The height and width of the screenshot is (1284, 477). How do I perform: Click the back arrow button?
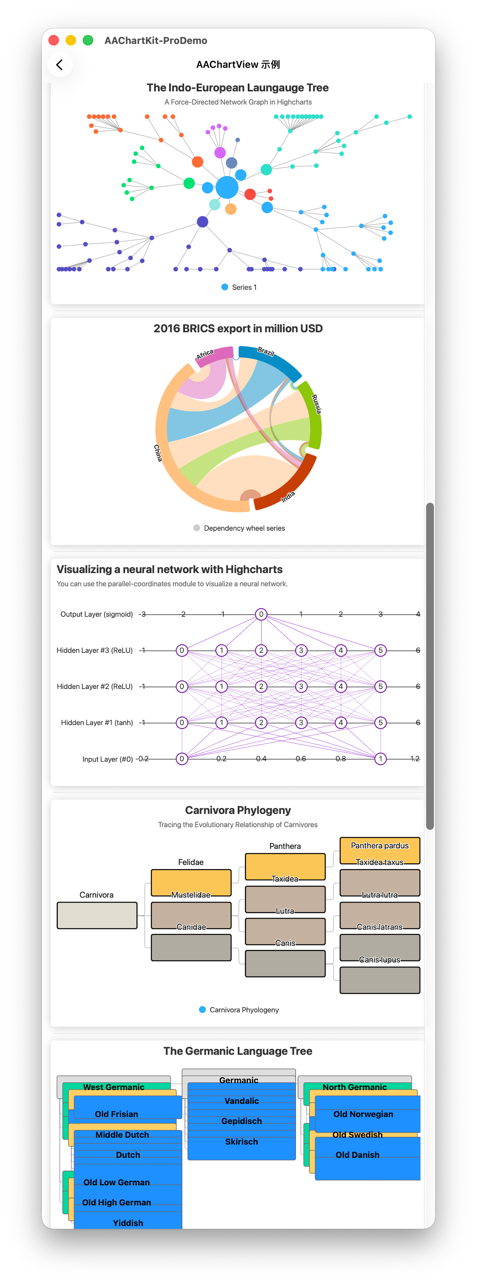pos(59,65)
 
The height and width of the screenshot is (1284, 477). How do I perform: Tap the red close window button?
pos(54,40)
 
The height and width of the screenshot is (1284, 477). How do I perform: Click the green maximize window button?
pos(88,40)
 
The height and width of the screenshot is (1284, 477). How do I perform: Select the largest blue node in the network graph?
pos(227,187)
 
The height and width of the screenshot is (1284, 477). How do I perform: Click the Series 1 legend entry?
pos(239,287)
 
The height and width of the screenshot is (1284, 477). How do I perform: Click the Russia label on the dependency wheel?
pos(316,404)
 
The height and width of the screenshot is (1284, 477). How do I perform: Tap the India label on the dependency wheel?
pos(288,496)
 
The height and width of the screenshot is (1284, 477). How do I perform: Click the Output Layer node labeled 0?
pos(261,614)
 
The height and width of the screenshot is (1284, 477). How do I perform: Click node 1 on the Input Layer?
pos(380,759)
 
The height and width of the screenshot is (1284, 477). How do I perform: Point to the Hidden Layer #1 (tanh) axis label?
pos(97,723)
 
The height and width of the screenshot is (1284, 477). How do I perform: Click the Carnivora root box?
pos(97,915)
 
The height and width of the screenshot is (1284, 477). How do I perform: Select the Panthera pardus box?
pos(380,850)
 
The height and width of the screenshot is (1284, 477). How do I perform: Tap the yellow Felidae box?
pos(191,883)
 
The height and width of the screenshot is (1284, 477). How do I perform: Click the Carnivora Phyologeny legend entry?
pos(239,1010)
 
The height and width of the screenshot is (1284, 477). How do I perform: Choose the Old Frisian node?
pos(128,1107)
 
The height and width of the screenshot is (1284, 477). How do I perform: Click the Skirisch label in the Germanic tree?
pos(241,1141)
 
